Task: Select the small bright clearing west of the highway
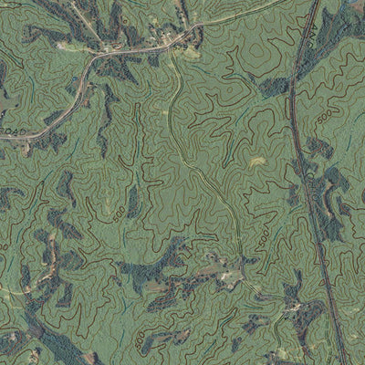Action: coord(257,162)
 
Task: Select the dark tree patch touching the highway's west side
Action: coord(274,87)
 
